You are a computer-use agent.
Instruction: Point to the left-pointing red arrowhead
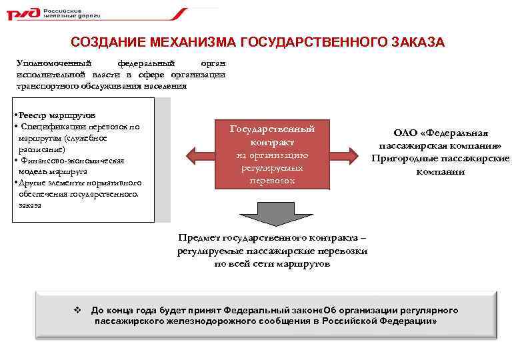195,155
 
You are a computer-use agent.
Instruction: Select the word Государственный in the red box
272,129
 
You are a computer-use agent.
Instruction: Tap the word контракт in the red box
272,142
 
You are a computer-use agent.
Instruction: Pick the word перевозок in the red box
272,181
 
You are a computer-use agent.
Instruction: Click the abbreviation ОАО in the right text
406,133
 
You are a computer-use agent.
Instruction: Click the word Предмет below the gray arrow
198,238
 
